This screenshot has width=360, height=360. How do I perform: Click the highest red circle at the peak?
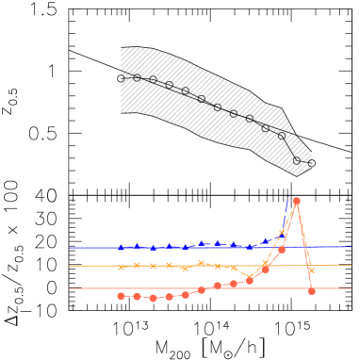(x=296, y=201)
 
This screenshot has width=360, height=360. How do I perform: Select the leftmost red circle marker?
(x=121, y=296)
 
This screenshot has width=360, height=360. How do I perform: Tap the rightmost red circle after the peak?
(x=311, y=291)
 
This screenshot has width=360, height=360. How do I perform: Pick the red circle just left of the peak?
(x=282, y=250)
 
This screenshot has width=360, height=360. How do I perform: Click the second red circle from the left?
(x=137, y=296)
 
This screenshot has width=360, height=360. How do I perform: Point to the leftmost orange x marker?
(x=121, y=267)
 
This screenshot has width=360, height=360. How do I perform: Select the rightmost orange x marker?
(x=311, y=270)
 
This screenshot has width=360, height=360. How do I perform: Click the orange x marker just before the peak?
(x=282, y=232)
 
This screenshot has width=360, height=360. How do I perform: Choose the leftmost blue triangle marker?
(x=121, y=247)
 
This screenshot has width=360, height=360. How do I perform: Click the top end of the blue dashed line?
(x=288, y=196)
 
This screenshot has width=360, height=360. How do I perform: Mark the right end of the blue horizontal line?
(x=351, y=247)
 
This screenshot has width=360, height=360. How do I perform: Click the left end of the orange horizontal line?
(x=69, y=266)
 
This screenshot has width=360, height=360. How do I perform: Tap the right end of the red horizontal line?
(x=351, y=288)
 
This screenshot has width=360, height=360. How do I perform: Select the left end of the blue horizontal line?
(x=69, y=248)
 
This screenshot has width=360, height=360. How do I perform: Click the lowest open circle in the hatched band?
(x=296, y=160)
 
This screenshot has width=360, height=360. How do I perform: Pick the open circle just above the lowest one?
(x=282, y=136)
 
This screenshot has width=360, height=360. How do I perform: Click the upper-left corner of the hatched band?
(x=121, y=48)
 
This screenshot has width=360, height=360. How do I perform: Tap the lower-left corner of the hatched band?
(x=121, y=113)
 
